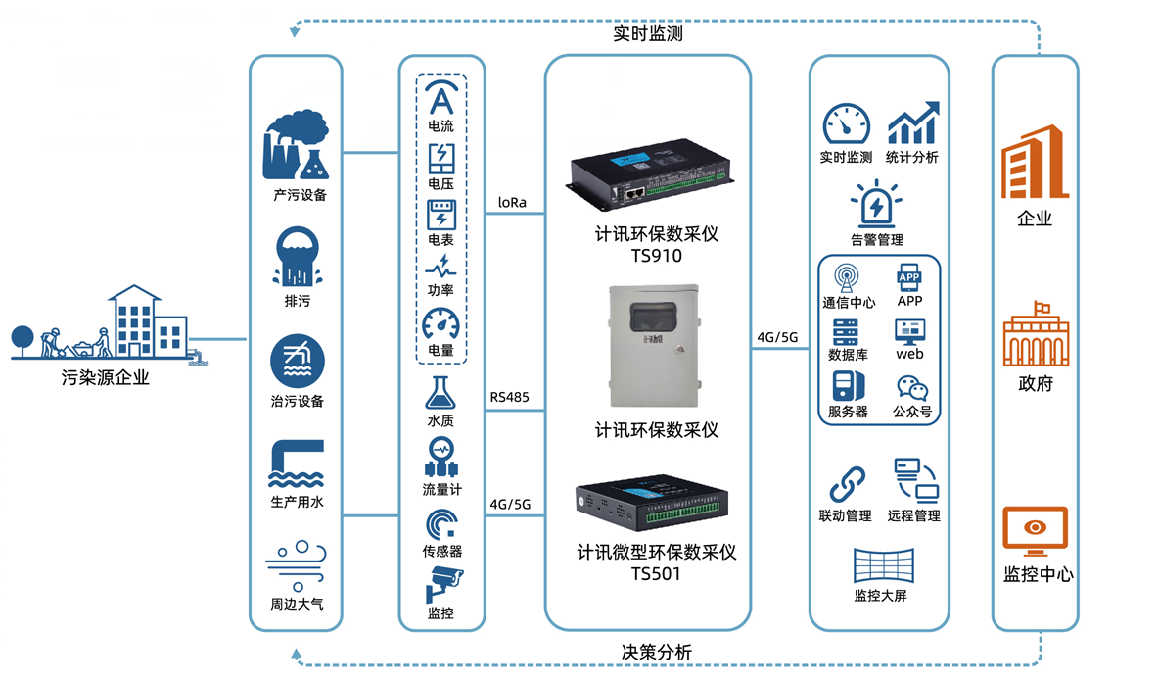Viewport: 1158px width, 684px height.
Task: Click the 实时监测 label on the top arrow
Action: point(647,33)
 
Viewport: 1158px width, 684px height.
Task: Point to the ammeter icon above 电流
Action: point(441,99)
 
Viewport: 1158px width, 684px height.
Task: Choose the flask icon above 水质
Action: point(440,391)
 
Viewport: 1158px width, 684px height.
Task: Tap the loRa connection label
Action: point(512,203)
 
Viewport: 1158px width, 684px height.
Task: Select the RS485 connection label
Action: point(510,397)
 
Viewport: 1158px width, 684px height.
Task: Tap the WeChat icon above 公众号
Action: point(911,389)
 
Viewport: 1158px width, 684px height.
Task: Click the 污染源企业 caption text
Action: point(105,377)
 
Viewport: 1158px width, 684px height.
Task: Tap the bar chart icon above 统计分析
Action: point(912,123)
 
